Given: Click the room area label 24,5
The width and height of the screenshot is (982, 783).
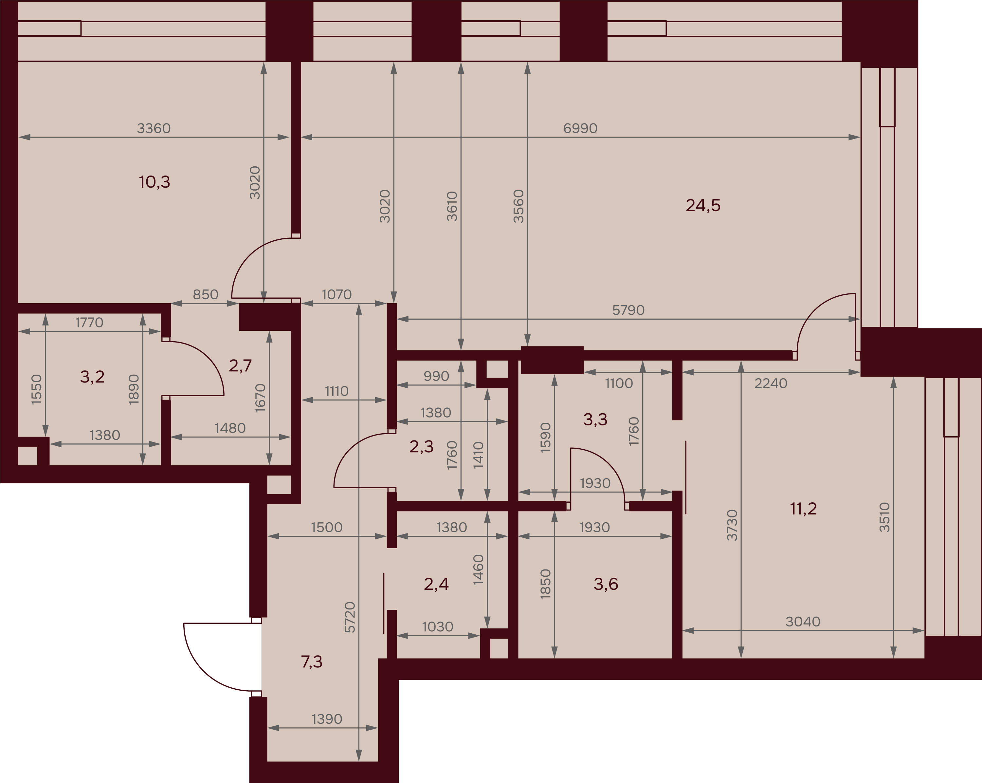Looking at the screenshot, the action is [x=703, y=206].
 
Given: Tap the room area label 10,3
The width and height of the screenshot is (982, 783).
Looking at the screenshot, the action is [x=155, y=182].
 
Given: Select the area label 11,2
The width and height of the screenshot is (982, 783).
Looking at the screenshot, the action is [x=804, y=508].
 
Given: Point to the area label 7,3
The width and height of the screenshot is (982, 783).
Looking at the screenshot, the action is [x=312, y=661].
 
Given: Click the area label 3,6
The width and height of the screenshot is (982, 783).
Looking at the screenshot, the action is [x=606, y=584].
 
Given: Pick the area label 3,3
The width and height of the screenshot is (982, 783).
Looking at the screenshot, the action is [x=595, y=419].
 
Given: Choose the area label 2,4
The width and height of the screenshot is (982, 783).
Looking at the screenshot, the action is [x=436, y=584].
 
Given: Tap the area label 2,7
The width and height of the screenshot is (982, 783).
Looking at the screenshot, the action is [x=240, y=365].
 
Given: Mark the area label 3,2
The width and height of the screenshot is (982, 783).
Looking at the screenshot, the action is [x=92, y=377].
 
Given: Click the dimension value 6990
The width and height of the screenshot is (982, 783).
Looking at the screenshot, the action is [x=580, y=128].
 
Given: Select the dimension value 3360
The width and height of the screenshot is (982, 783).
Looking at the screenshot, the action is [x=154, y=128].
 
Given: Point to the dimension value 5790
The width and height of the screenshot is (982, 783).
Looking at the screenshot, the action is [x=628, y=310].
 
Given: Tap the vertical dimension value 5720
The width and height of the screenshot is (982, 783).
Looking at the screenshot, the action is [x=350, y=617].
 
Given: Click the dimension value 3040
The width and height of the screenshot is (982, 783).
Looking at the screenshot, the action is [x=803, y=621].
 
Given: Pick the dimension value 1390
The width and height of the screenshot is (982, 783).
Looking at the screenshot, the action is [x=327, y=719].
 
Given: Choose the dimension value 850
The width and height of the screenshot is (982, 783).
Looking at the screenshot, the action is [x=206, y=294].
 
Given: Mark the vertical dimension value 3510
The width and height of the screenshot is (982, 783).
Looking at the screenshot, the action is [x=884, y=517].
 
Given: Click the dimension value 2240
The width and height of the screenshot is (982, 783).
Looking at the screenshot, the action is [x=771, y=383].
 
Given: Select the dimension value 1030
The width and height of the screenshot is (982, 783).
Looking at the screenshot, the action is [x=438, y=627].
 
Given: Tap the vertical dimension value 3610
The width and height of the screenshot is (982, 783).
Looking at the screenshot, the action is [x=452, y=206].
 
